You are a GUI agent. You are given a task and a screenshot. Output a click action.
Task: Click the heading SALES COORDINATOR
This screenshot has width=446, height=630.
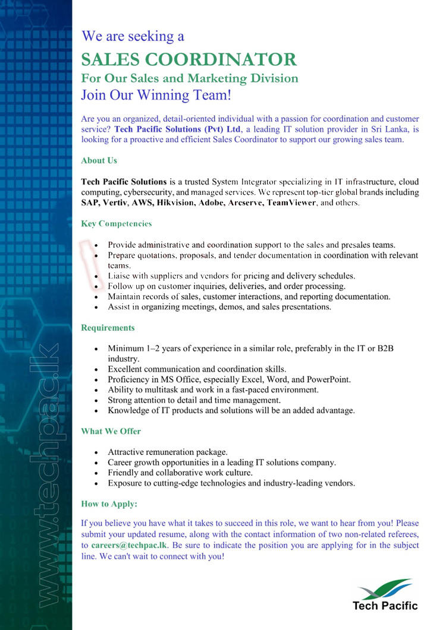(x=189, y=59)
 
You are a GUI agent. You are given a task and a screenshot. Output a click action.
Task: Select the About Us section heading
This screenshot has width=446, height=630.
(x=99, y=160)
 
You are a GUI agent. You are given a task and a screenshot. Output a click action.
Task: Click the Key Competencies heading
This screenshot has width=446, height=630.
(x=116, y=224)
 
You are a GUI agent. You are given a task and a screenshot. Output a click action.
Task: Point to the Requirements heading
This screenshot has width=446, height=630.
(x=108, y=328)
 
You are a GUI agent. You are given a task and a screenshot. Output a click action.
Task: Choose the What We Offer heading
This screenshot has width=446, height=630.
(x=111, y=431)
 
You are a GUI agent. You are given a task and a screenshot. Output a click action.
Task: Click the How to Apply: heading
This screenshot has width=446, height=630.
(x=109, y=504)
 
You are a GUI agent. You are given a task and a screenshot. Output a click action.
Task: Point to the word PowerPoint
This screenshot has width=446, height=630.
(x=329, y=379)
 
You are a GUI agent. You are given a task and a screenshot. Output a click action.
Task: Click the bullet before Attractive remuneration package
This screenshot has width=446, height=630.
(x=96, y=452)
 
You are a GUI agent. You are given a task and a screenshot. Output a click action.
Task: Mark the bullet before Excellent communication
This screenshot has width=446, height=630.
(x=96, y=369)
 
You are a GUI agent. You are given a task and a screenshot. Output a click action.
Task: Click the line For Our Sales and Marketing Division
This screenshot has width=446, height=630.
(x=189, y=78)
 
